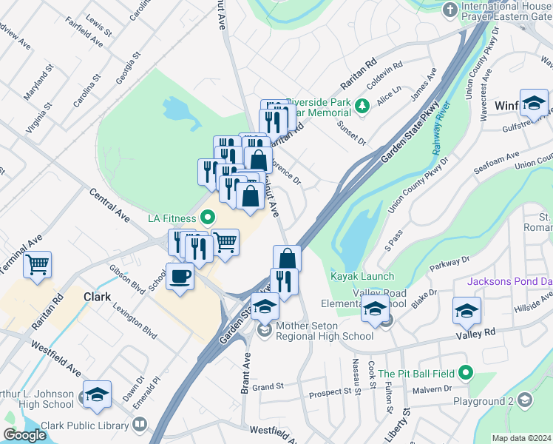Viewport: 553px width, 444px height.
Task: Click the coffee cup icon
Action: (180, 277)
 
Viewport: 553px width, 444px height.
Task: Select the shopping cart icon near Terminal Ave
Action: (37, 263)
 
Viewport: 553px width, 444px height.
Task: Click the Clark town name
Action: (97, 297)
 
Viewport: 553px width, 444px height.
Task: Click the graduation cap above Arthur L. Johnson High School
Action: (96, 395)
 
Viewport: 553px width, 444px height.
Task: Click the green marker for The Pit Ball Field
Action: (465, 372)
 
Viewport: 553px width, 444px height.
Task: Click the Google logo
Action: (24, 435)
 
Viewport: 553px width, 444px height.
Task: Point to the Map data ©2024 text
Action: (520, 438)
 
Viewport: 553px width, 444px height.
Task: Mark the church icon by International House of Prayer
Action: (449, 10)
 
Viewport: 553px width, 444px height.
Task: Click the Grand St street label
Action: (268, 387)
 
